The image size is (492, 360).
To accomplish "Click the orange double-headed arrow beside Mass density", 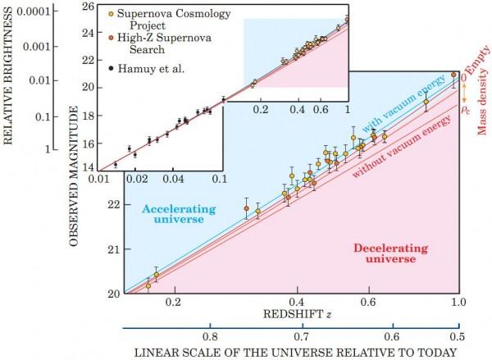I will pyautogui.click(x=464, y=91).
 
